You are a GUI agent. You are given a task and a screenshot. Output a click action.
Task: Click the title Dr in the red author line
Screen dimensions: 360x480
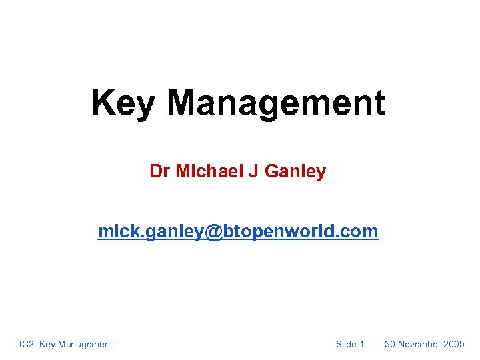(x=160, y=171)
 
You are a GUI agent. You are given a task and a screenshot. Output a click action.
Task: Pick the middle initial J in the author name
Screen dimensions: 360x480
(x=253, y=171)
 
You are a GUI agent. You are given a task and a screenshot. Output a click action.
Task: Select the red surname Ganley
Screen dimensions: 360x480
(x=295, y=171)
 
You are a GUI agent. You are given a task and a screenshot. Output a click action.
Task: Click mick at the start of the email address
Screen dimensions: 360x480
(x=114, y=231)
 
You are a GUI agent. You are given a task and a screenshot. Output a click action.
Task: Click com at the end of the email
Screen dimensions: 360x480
(x=362, y=232)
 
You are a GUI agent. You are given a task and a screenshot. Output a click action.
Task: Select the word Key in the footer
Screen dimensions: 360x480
(x=47, y=344)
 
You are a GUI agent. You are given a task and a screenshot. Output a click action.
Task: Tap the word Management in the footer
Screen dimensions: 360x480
(x=85, y=344)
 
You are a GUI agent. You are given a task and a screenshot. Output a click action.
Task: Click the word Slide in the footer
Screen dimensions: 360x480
(x=346, y=344)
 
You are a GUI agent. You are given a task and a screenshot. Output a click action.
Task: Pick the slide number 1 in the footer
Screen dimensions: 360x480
(x=361, y=344)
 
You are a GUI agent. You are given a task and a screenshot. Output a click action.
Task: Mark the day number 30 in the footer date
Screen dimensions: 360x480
(x=390, y=344)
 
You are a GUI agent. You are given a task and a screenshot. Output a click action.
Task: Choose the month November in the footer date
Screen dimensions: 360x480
(x=420, y=344)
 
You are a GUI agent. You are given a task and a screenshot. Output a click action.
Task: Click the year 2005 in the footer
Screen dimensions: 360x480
(x=455, y=344)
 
